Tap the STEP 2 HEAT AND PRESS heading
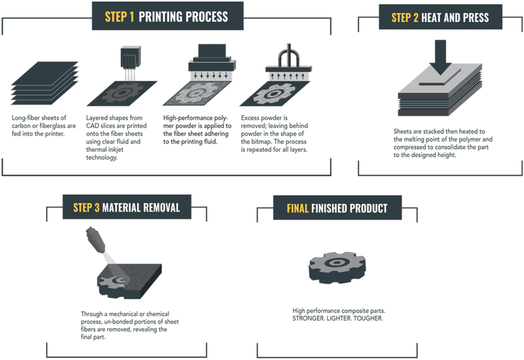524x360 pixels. [440, 17]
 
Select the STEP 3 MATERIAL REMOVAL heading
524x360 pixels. [126, 207]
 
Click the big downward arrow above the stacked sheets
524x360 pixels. [440, 57]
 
